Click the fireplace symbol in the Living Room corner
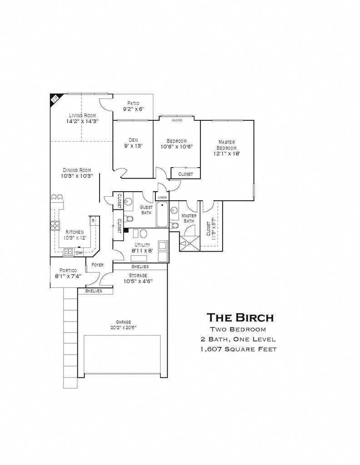[x=55, y=99]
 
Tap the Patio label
[x=133, y=103]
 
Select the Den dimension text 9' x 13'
[x=133, y=146]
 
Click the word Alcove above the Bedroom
[x=177, y=120]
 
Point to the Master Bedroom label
[x=226, y=145]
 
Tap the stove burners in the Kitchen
[x=55, y=226]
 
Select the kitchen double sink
[x=69, y=251]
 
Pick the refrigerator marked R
[x=93, y=221]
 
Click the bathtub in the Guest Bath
[x=162, y=214]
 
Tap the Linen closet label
[x=162, y=198]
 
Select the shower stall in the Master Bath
[x=189, y=243]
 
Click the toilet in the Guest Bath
[x=130, y=219]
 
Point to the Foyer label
[x=97, y=265]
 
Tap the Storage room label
[x=138, y=276]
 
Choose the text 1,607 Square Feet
[x=238, y=349]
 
